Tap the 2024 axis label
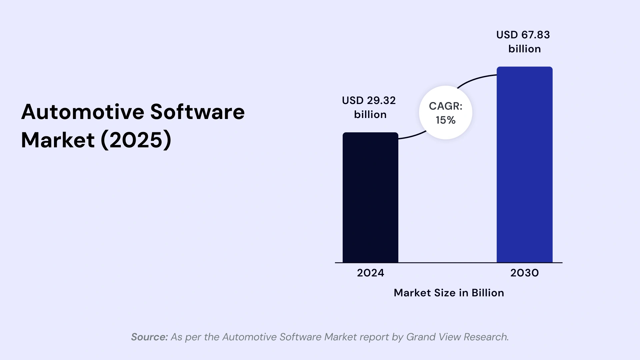click(370, 273)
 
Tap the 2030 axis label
click(524, 273)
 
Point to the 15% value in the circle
click(445, 120)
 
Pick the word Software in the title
click(197, 112)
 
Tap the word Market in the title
click(58, 140)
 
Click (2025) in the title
click(136, 140)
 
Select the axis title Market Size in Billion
click(449, 293)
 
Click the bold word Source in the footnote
click(149, 337)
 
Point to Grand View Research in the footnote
click(457, 337)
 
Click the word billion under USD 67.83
click(524, 49)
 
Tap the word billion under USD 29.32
click(370, 115)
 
